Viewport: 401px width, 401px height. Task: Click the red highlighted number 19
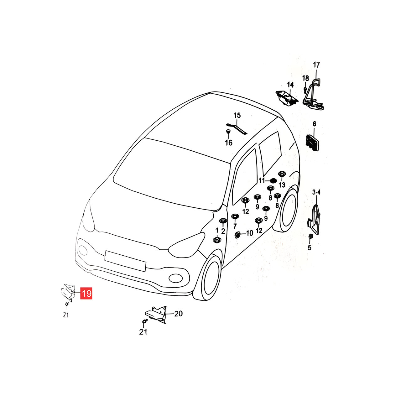click(x=86, y=294)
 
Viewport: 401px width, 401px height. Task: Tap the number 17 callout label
click(x=316, y=65)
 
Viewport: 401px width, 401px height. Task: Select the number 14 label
click(x=290, y=85)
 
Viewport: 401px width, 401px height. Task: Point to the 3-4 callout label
click(x=316, y=192)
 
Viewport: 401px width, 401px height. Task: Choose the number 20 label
click(x=178, y=314)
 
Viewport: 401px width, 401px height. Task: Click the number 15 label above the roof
click(x=237, y=115)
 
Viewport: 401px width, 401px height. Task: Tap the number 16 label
click(x=228, y=143)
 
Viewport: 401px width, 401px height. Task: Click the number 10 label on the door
click(x=249, y=233)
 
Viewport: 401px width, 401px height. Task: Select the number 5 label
click(x=310, y=247)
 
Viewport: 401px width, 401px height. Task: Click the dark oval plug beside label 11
click(x=273, y=181)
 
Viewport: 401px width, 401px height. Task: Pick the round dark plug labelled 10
click(x=237, y=235)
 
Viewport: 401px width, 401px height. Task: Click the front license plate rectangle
click(x=125, y=261)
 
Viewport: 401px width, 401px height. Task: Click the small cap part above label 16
click(x=228, y=131)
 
